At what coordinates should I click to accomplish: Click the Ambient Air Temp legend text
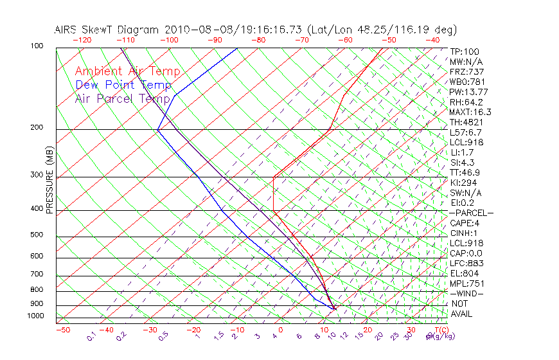point(127,71)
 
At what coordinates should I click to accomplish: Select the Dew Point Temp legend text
point(123,85)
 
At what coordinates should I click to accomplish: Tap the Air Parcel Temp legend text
point(123,98)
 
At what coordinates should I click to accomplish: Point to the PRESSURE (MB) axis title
point(49,179)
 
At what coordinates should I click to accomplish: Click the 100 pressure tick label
point(37,46)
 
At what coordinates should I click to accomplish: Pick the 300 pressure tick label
point(37,175)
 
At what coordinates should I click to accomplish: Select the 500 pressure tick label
point(37,235)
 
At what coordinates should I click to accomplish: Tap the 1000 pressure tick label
point(35,316)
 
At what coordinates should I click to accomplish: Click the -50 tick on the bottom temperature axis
point(62,330)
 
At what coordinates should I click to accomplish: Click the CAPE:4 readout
point(464,223)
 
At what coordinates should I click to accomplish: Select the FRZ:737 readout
point(466,72)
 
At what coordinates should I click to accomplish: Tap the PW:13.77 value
point(470,92)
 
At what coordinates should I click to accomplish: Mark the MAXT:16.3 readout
point(471,112)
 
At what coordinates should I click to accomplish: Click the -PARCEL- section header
point(471,213)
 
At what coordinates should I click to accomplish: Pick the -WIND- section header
point(466,293)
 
